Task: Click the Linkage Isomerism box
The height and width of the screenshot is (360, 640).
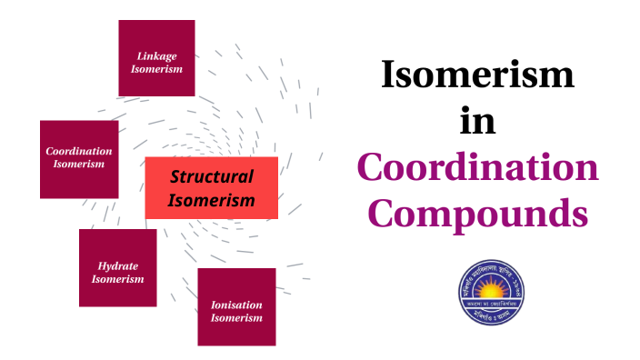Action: coord(156,58)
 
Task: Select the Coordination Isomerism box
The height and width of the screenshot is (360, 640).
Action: coord(79,159)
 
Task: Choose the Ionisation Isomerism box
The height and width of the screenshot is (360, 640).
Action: coord(236,307)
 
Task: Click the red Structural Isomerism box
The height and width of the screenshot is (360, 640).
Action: coord(212,188)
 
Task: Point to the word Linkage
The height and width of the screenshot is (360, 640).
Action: coord(157,55)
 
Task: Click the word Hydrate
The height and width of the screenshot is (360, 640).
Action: coord(118,265)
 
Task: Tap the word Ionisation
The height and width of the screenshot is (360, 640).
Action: coord(236,305)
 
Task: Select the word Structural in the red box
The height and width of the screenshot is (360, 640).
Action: coord(212,177)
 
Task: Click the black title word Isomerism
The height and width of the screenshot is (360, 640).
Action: coord(477,75)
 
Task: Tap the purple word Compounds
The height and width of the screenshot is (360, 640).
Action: coord(477,215)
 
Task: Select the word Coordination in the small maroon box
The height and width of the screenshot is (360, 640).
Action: coord(79,151)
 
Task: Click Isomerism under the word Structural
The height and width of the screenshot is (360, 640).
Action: coord(212,200)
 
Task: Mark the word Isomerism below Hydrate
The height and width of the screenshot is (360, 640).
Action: coord(118,279)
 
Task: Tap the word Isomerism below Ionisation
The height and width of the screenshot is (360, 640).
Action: coord(236,318)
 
